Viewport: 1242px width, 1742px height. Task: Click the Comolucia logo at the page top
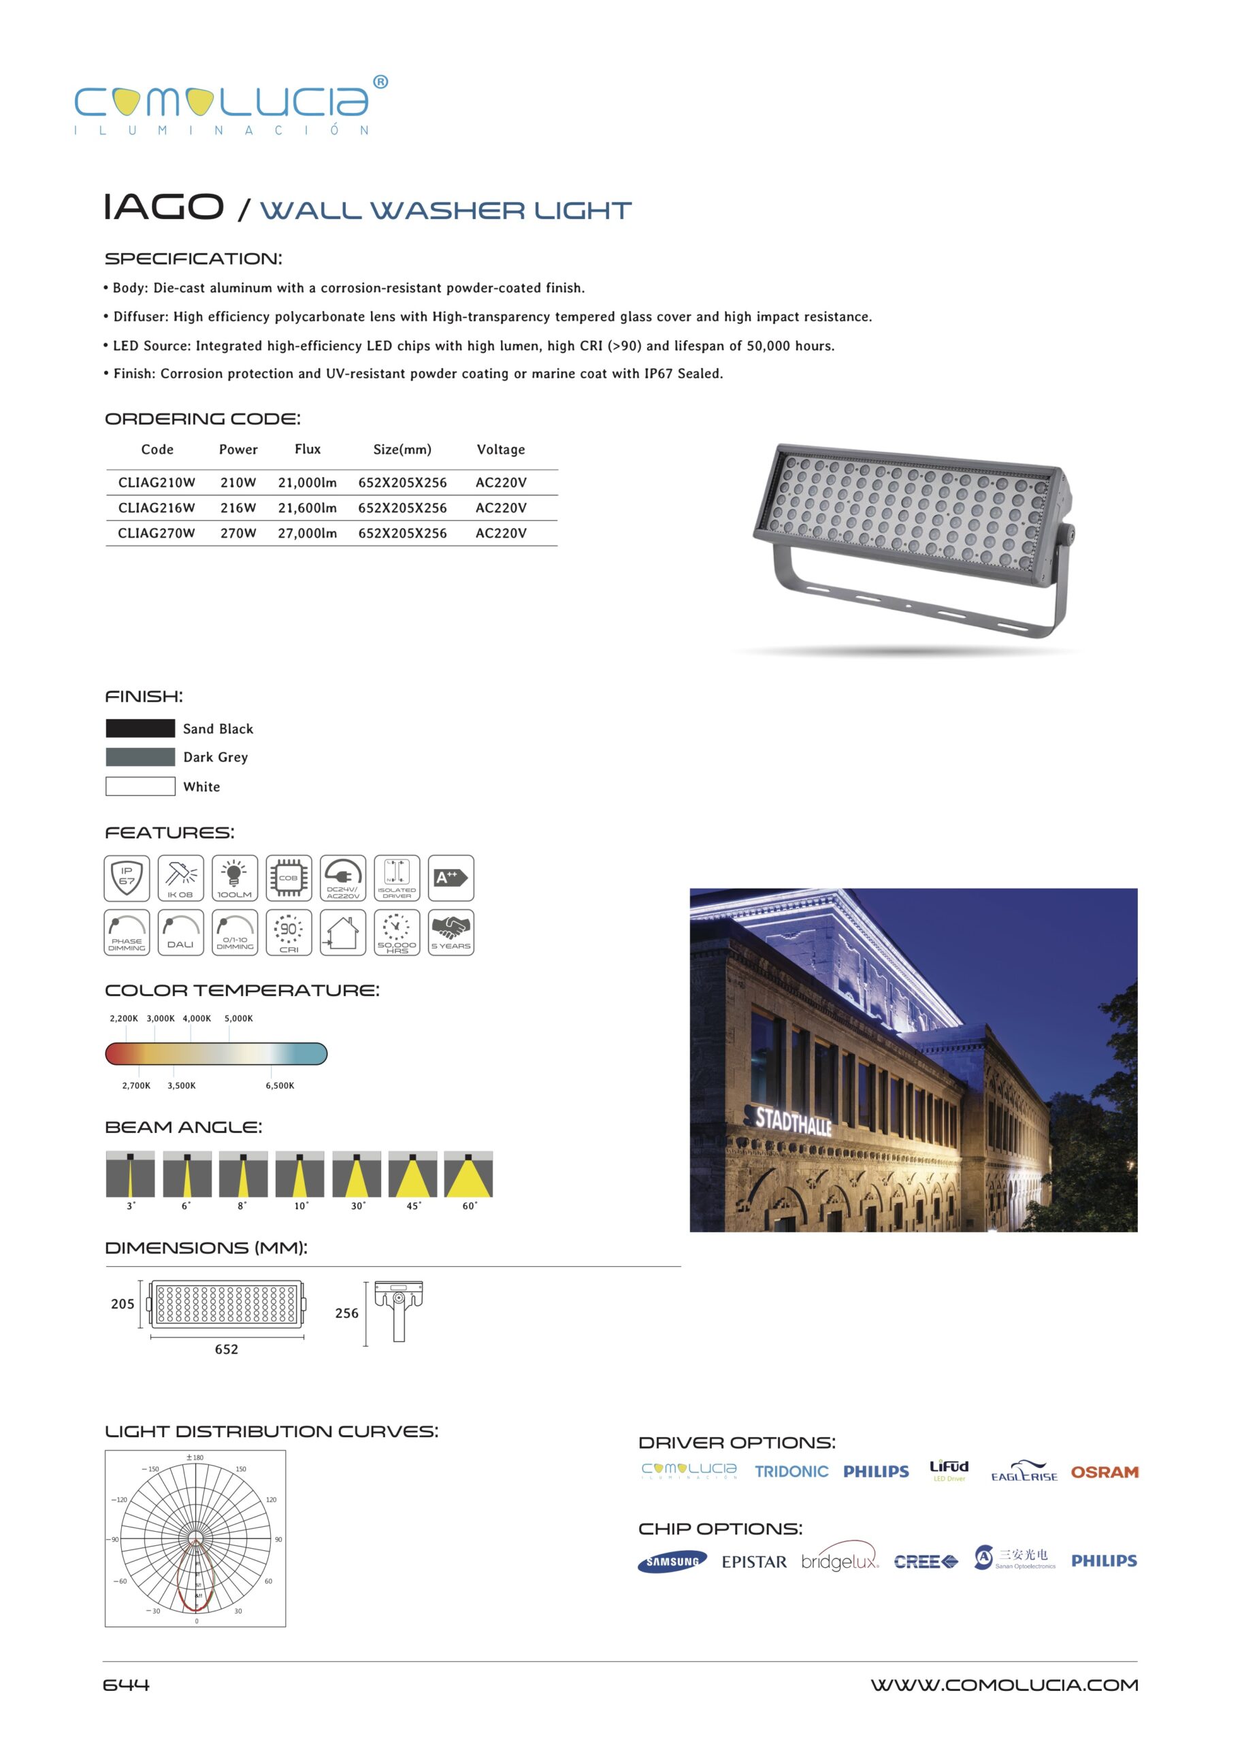coord(229,105)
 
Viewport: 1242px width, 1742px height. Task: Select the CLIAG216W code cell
coord(156,508)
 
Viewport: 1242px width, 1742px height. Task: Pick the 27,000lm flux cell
coord(308,533)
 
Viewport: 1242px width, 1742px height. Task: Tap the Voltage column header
coord(501,450)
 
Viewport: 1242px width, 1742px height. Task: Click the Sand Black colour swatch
coord(140,728)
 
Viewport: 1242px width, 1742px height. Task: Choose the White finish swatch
coord(140,786)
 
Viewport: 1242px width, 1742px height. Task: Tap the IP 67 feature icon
coord(127,878)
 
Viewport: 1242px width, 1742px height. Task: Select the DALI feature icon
coord(180,932)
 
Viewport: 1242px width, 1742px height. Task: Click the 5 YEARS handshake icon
coord(451,932)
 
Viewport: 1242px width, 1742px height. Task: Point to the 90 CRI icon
coord(289,932)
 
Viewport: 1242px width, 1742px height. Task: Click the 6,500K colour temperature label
coord(280,1085)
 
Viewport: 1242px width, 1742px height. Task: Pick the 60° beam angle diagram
coord(468,1174)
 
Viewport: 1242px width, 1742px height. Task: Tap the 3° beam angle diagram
coord(130,1174)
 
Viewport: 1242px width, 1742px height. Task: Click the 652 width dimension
coord(227,1349)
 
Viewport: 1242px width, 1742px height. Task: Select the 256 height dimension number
coord(346,1313)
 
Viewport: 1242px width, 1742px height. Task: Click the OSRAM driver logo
coord(1105,1472)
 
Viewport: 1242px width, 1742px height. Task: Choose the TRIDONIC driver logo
coord(791,1471)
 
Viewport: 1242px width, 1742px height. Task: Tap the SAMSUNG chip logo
coord(672,1562)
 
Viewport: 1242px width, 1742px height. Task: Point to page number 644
coord(126,1685)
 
